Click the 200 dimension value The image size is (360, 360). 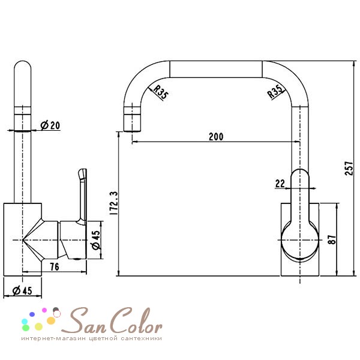[216, 137]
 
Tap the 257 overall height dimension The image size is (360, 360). [349, 168]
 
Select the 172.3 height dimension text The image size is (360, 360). [114, 203]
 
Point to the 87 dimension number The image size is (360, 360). [332, 239]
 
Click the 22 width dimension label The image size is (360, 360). [280, 184]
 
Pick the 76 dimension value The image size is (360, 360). [55, 266]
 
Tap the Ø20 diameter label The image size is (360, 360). [50, 125]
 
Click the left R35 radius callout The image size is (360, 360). [160, 92]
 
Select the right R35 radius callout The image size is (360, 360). [275, 92]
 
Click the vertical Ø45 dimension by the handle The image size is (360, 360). [96, 240]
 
